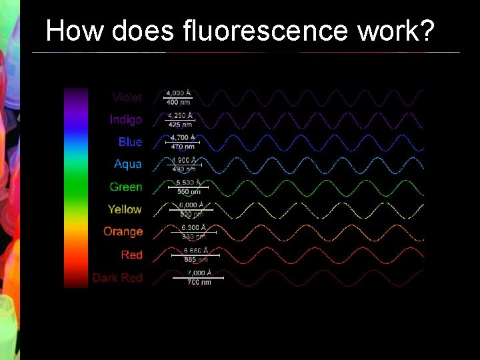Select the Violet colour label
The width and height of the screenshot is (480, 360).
(127, 97)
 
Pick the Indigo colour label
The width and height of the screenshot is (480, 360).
(126, 120)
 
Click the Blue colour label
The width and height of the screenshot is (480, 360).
(130, 142)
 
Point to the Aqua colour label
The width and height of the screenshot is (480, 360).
(128, 164)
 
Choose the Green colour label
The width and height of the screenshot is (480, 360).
(126, 187)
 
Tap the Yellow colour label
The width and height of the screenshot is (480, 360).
(125, 209)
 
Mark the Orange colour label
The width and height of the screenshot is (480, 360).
(123, 232)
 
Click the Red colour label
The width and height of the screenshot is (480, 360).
(132, 255)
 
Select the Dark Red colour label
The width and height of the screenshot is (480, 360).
(117, 277)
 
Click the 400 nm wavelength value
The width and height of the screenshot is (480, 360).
(178, 103)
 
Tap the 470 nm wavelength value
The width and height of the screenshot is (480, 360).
(183, 147)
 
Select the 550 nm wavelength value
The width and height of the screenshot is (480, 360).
(188, 191)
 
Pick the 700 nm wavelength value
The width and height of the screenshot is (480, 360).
(199, 282)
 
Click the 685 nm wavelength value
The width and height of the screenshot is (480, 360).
(195, 259)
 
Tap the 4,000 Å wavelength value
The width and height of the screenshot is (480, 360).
(178, 93)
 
